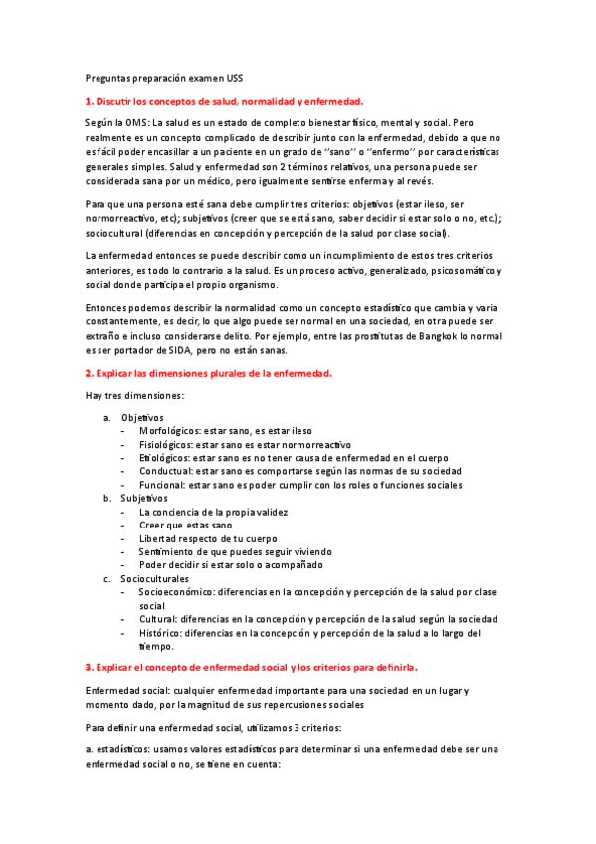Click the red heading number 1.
tap(87, 101)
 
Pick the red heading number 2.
tap(87, 374)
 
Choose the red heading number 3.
tap(87, 665)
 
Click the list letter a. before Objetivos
tap(107, 417)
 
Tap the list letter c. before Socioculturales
tap(107, 578)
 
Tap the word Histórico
tap(162, 632)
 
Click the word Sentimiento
tap(170, 551)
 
